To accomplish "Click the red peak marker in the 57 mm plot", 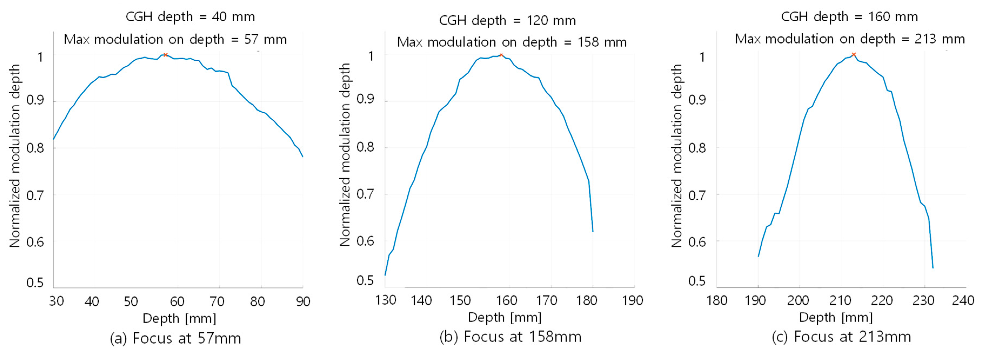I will pos(165,55).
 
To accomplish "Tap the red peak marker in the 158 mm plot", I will pos(501,55).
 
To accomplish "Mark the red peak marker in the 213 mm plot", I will pos(854,55).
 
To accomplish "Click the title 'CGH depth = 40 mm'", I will pos(190,17).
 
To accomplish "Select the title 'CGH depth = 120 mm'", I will pos(507,20).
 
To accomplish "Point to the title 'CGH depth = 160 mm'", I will pos(849,17).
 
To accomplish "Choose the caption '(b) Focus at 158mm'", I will pos(510,337).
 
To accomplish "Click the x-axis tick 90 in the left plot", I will pos(303,301).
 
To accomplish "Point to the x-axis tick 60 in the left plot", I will pos(177,301).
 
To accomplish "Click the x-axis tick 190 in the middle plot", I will pos(632,300).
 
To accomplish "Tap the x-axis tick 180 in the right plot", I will pos(717,300).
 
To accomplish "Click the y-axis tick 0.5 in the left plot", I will pos(35,283).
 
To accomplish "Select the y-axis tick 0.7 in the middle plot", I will pos(365,194).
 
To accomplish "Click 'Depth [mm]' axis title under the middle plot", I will pos(505,317).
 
